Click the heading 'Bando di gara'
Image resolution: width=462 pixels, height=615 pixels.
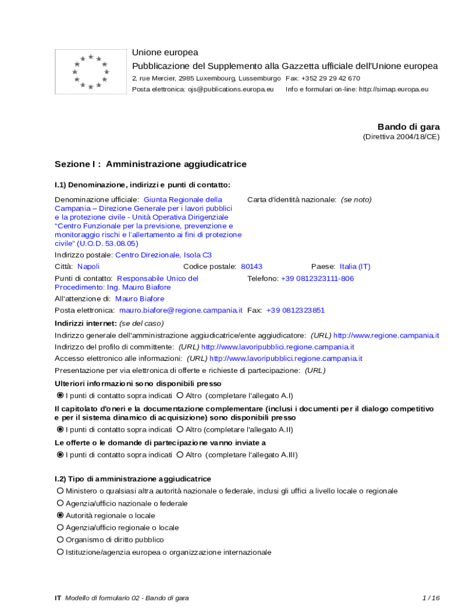point(408,127)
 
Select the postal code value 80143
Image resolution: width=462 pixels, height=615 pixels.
point(251,266)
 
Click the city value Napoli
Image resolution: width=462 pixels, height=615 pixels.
point(89,266)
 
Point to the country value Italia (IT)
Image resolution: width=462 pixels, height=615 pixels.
point(355,266)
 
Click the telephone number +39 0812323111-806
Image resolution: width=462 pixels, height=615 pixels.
point(317,279)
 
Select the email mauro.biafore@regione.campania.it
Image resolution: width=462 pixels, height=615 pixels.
point(181,311)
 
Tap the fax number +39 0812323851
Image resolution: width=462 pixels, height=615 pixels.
point(295,311)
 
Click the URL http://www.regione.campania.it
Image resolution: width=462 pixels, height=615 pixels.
point(386,335)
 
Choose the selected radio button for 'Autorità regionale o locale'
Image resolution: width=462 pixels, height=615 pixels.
point(60,515)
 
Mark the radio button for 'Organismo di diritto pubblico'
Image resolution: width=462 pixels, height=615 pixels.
point(60,540)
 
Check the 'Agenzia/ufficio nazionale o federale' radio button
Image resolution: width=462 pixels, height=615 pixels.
point(60,503)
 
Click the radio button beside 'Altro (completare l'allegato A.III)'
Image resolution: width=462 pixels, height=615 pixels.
point(180,455)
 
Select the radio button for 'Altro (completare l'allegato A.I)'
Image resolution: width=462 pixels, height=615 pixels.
point(180,396)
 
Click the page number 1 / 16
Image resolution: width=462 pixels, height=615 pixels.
point(431,598)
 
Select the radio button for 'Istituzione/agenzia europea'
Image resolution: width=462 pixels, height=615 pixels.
point(60,552)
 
